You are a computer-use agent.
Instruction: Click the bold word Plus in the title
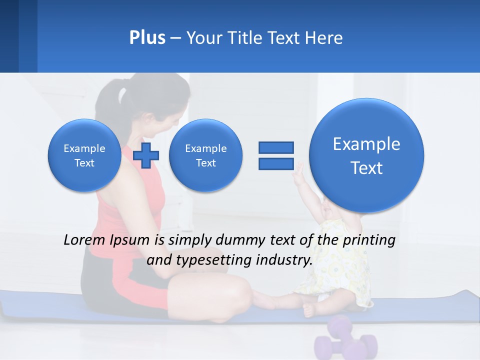pos(147,38)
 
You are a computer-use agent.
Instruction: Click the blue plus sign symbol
pos(146,155)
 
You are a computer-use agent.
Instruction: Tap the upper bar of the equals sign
pos(276,147)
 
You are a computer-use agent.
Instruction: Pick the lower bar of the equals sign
pos(276,163)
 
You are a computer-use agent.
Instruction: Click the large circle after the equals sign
pos(366,155)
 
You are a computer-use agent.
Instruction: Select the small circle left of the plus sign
pos(84,155)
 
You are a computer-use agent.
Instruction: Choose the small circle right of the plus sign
pos(205,155)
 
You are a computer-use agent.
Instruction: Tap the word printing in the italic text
pos(369,240)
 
